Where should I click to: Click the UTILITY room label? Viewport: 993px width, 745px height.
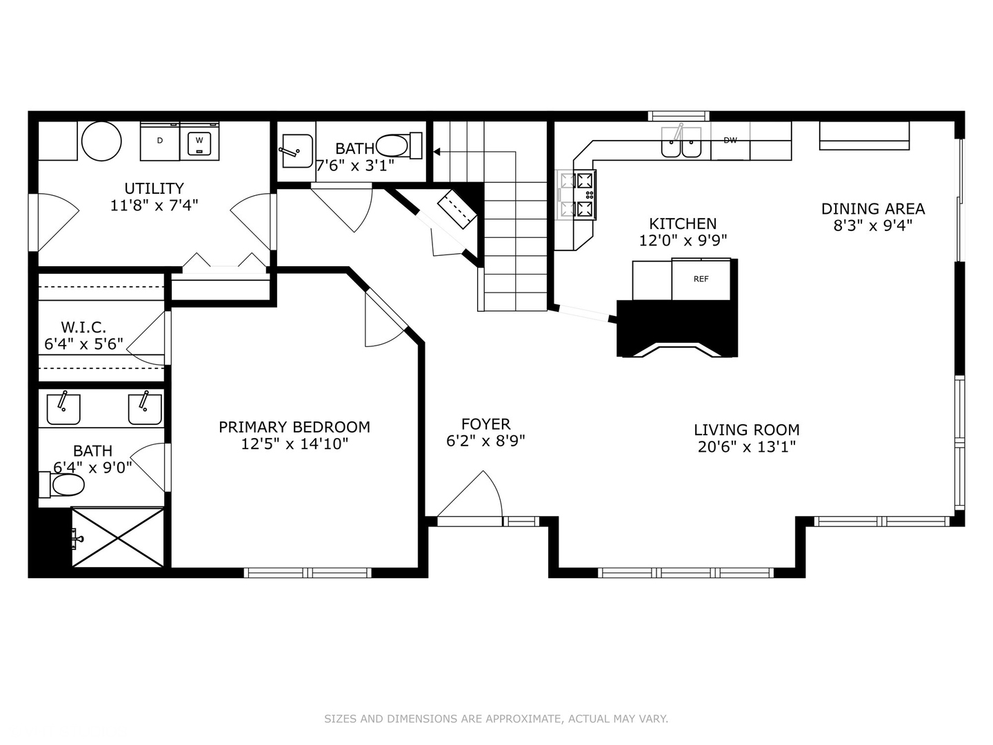point(154,188)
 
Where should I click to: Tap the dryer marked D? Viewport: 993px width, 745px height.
point(160,141)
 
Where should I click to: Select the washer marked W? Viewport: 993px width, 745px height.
point(199,141)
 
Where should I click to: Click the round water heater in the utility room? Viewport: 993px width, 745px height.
point(101,141)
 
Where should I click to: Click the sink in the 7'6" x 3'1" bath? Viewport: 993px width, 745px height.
point(296,150)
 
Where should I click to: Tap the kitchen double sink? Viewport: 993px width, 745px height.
point(681,144)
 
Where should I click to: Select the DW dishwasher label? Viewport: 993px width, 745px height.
point(730,141)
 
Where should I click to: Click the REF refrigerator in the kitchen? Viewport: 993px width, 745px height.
point(701,279)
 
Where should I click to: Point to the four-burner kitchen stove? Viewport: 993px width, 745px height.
point(577,195)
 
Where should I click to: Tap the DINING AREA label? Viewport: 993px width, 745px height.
point(872,209)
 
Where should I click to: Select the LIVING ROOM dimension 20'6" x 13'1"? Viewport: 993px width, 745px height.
point(747,447)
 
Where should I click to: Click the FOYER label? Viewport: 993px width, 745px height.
point(485,424)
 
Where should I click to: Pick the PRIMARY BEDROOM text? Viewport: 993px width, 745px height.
point(294,427)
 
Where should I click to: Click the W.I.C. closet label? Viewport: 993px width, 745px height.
point(83,327)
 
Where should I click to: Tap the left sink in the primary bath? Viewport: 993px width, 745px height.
point(63,409)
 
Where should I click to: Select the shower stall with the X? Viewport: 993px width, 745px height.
point(118,537)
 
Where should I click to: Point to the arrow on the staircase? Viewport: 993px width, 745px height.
point(437,151)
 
